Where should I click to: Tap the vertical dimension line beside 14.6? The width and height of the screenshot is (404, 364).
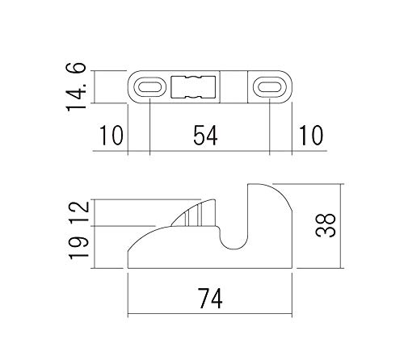(x=95, y=87)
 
